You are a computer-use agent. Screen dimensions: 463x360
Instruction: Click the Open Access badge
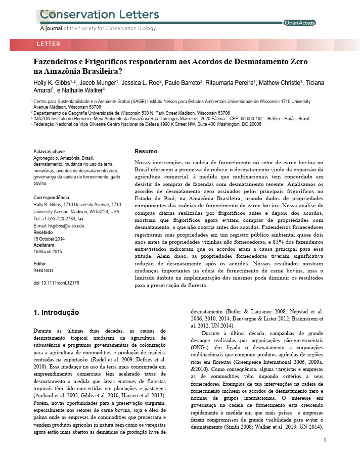point(300,23)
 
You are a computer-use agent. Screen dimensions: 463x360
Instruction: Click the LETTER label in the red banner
point(49,44)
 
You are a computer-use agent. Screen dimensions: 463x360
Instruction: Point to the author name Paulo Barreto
point(182,82)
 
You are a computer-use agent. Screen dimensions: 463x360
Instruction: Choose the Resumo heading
point(146,151)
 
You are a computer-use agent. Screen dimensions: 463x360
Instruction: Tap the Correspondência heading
point(51,197)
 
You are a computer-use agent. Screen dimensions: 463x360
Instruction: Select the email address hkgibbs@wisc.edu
point(66,225)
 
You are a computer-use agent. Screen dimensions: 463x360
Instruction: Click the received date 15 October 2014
point(50,239)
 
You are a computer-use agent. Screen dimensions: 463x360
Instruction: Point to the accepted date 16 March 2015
point(48,251)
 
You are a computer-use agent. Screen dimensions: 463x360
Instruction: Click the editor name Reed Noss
point(43,270)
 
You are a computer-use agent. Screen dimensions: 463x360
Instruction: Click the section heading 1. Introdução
point(56,313)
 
